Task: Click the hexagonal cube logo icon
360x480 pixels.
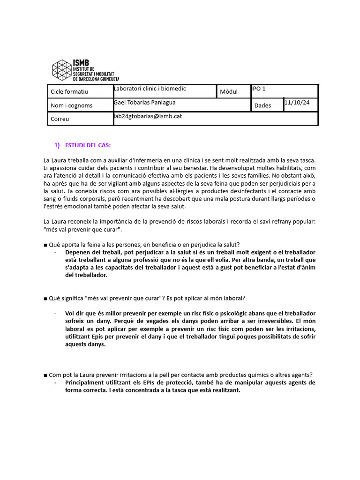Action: click(62, 70)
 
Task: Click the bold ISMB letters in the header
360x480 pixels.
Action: click(81, 63)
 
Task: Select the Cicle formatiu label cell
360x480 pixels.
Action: click(69, 92)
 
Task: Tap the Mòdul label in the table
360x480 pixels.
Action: click(229, 92)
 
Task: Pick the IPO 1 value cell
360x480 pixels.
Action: click(259, 88)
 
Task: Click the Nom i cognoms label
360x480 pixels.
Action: click(71, 105)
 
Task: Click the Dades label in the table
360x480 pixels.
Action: click(262, 105)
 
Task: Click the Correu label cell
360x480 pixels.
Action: click(60, 119)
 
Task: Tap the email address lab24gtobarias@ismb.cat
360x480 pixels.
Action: click(148, 116)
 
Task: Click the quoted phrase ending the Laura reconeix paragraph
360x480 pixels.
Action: click(83, 229)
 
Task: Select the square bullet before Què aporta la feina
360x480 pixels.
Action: click(45, 244)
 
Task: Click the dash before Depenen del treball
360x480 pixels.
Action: click(56, 252)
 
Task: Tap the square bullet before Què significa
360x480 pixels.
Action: click(45, 298)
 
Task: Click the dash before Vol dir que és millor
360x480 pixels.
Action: click(56, 313)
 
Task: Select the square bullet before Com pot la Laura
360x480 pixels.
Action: click(45, 375)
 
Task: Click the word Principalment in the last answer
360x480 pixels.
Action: click(85, 382)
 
